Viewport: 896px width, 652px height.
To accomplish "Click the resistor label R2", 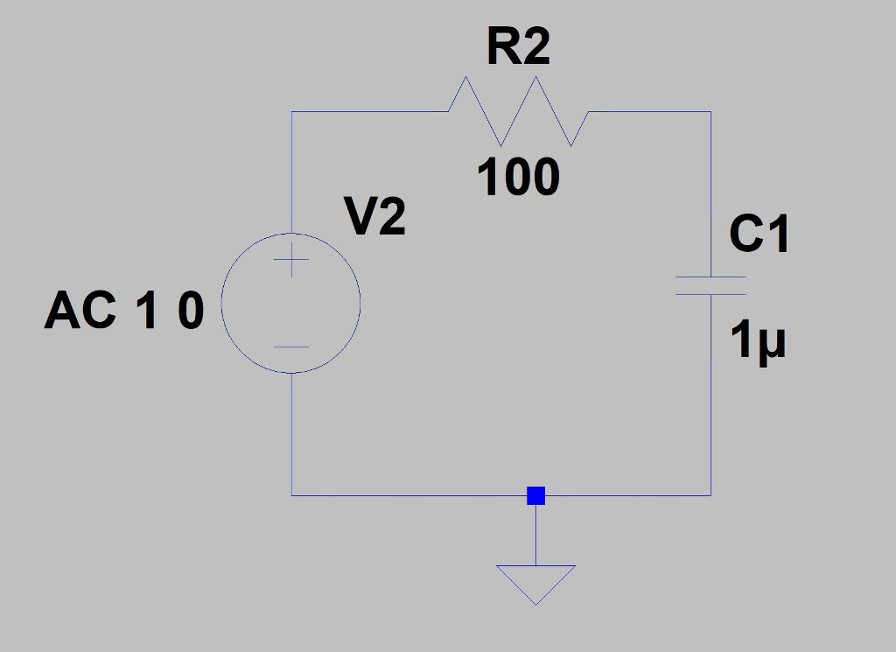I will coord(518,48).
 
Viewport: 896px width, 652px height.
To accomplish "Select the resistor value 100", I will coord(518,179).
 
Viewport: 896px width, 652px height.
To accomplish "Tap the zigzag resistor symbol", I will coord(518,111).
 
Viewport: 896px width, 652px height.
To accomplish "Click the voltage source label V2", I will coord(376,218).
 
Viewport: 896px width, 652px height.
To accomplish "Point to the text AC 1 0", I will coord(124,312).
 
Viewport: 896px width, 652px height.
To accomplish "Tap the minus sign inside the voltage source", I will coord(291,347).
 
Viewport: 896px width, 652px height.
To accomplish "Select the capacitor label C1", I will coord(759,235).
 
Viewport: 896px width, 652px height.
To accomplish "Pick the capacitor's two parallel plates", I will coord(710,286).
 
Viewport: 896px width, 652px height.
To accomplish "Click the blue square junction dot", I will coord(536,496).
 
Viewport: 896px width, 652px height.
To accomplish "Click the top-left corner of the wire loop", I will coord(291,112).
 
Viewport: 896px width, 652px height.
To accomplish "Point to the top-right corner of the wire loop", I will coord(710,112).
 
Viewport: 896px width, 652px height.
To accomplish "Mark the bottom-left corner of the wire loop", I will coord(291,495).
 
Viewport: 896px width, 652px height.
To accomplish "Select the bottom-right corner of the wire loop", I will coord(710,495).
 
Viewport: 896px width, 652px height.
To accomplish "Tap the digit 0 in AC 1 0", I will coord(191,312).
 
